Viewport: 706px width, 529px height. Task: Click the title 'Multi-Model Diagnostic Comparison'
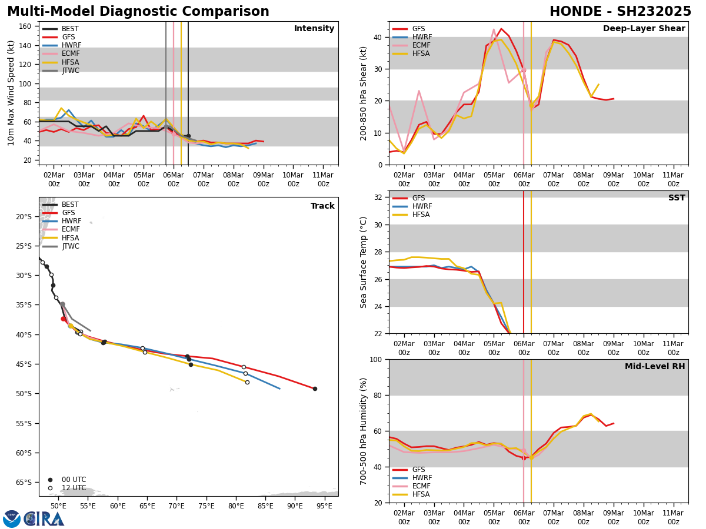coord(138,12)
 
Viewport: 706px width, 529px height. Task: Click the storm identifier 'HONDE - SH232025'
coord(620,12)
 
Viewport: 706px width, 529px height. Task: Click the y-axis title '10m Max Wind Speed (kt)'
coord(11,93)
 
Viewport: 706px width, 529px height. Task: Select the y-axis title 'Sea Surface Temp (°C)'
coord(364,262)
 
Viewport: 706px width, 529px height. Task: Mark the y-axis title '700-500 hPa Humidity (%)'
coord(364,431)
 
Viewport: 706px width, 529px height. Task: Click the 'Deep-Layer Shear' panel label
coord(644,29)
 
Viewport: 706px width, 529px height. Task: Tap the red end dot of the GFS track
coord(315,389)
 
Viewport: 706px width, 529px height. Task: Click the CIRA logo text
coord(44,518)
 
